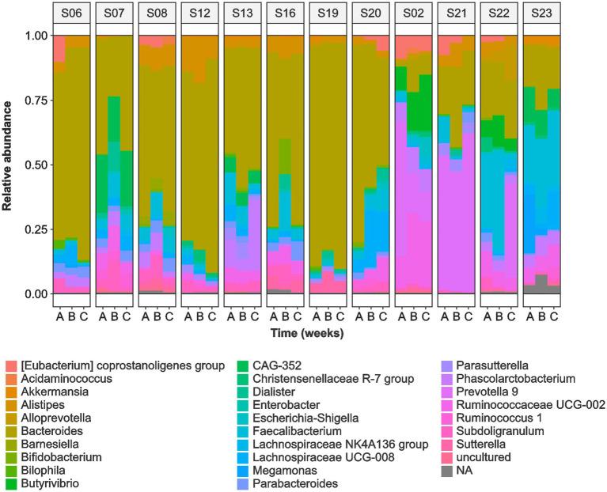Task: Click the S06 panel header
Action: click(x=71, y=13)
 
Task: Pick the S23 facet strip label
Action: click(x=541, y=13)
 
